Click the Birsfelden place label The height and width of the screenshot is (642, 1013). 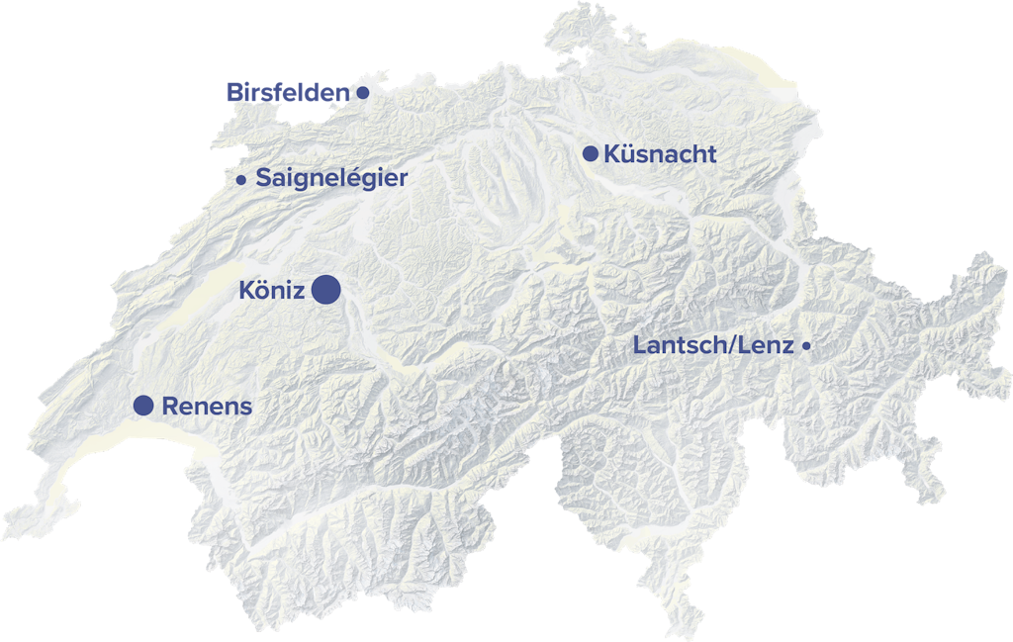(x=288, y=93)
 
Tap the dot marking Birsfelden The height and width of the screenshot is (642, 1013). (x=363, y=93)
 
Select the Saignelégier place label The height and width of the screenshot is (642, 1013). (x=331, y=178)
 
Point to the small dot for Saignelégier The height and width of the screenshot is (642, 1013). (x=241, y=180)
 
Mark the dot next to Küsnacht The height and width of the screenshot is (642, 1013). (x=591, y=153)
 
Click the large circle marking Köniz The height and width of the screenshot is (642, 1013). (x=326, y=290)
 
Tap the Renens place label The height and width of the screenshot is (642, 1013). (x=207, y=406)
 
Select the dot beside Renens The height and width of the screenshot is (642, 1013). (x=143, y=405)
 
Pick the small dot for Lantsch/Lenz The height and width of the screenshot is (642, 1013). (x=806, y=346)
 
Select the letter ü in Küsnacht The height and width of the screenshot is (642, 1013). (x=624, y=154)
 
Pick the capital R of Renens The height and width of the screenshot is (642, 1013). (x=169, y=406)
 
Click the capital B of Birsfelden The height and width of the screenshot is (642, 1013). (x=234, y=93)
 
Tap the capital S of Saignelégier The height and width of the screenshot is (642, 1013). (x=263, y=178)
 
